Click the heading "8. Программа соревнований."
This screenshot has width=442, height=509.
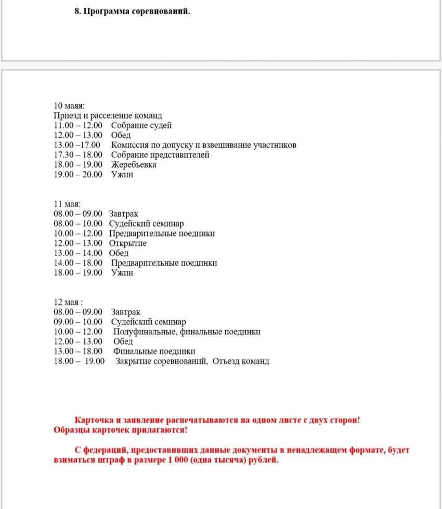[133, 11]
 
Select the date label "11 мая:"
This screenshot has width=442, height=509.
[67, 204]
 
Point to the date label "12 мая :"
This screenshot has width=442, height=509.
[68, 302]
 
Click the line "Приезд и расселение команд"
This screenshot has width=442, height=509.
[108, 115]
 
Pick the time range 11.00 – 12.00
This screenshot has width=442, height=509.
[78, 125]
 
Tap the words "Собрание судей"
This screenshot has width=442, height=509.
[141, 125]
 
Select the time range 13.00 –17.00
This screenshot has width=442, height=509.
[77, 145]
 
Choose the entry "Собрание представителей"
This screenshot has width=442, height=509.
[160, 155]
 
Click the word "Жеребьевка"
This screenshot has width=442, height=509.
[134, 165]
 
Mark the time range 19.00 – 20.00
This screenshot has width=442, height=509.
[78, 175]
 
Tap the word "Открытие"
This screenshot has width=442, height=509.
[128, 243]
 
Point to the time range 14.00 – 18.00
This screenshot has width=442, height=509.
[78, 263]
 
